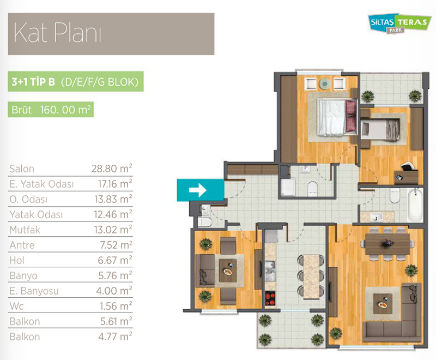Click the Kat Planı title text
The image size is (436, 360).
(x=57, y=33)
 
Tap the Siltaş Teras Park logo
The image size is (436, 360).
(x=398, y=23)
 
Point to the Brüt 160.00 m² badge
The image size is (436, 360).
(x=51, y=110)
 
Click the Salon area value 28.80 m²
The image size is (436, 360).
(x=112, y=169)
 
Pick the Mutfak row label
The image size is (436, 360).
(x=25, y=230)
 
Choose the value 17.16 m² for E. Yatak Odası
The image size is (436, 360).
(x=115, y=184)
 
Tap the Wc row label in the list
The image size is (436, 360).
(x=16, y=306)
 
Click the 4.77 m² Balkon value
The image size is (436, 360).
(x=115, y=337)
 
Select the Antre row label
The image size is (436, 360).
(x=22, y=245)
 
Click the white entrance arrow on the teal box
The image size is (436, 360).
(x=198, y=190)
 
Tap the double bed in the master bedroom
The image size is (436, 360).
(x=337, y=118)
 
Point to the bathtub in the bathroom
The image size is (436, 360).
(x=415, y=205)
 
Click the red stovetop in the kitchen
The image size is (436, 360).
(x=270, y=298)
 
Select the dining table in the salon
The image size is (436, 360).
(x=387, y=244)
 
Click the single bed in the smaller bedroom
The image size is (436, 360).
(x=380, y=129)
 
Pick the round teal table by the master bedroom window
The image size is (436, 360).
(x=325, y=84)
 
